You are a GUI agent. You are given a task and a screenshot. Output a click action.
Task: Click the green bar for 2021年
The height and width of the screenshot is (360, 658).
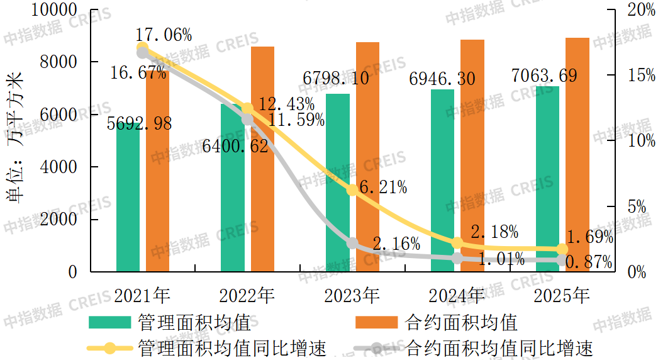point(128,201)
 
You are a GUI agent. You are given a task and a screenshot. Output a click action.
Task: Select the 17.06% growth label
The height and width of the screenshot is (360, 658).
point(164,34)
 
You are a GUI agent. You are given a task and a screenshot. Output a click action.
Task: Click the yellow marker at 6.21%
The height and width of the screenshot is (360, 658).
point(352,190)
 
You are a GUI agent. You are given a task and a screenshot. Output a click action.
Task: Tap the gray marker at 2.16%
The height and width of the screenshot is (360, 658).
point(352,244)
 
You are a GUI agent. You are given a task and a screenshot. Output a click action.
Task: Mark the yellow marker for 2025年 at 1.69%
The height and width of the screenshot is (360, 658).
point(562,250)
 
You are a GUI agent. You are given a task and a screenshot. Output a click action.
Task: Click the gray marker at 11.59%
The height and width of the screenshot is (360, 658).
point(247,120)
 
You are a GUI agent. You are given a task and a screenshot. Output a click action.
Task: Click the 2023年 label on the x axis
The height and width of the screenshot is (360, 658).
point(352,295)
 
